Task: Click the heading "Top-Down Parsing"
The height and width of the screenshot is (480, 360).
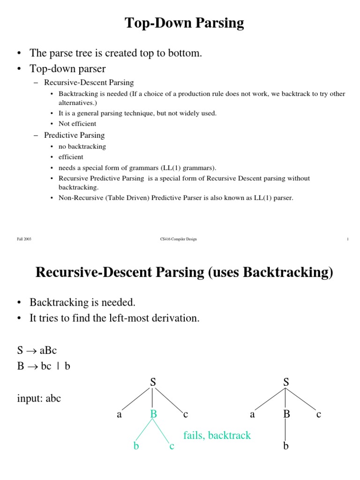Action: tap(184, 23)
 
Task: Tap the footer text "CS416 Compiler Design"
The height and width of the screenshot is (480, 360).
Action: tap(178, 239)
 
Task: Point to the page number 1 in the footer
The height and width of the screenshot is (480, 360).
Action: tap(347, 239)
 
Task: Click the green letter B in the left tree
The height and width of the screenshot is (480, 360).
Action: tap(153, 414)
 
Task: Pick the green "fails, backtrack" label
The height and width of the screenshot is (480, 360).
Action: tap(217, 435)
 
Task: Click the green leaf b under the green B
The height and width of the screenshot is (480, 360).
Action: tap(136, 446)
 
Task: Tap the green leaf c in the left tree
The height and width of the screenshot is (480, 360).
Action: tap(172, 446)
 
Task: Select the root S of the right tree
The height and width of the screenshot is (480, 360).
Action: tap(286, 382)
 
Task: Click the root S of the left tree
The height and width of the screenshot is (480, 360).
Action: tap(153, 382)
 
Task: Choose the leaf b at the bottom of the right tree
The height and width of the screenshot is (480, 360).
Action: tap(286, 446)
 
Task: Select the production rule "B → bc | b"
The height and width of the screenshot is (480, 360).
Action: tap(44, 367)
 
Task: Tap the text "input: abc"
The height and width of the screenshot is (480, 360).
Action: tap(39, 398)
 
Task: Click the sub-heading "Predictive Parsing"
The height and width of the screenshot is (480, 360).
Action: tap(74, 135)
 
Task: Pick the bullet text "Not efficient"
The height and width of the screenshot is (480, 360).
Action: tap(77, 124)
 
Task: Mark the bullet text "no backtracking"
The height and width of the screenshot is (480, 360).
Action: tap(82, 146)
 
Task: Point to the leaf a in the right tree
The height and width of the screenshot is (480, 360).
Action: tap(253, 414)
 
